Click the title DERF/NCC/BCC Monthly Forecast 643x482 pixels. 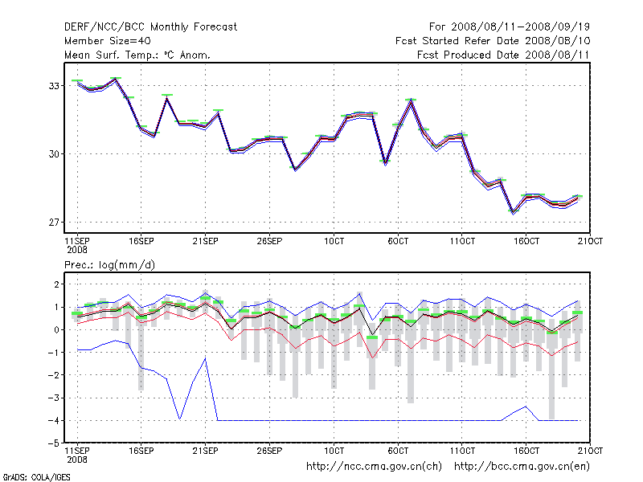(150, 27)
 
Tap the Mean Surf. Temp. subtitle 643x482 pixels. (137, 55)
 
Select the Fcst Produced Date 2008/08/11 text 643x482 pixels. (503, 55)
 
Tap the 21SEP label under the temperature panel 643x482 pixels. (205, 240)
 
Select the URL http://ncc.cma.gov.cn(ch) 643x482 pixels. (375, 466)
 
